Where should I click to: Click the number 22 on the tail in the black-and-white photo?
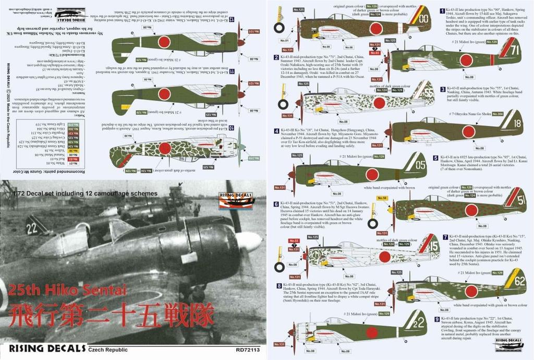pos(32,227)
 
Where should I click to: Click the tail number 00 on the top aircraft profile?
pos(424,18)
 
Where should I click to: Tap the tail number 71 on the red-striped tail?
pos(515,51)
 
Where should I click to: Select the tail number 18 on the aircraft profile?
pos(517,124)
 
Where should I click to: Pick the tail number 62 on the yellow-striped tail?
pos(519,280)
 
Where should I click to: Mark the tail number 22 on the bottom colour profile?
pos(419,322)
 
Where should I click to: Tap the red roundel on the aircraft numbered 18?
pos(468,132)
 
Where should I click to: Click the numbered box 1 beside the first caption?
pos(442,10)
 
